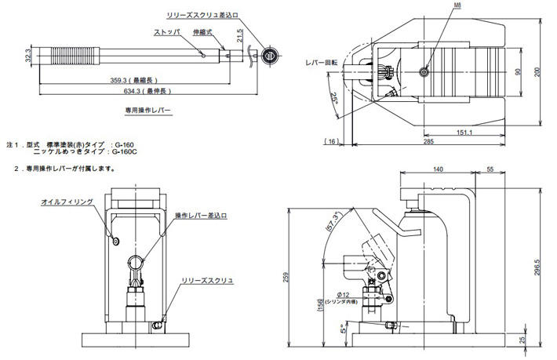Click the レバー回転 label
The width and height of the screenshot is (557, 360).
[x=322, y=61]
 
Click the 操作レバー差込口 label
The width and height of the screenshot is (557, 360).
[x=201, y=215]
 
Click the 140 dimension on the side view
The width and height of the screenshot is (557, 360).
[x=439, y=169]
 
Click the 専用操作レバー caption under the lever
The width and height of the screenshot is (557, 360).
[x=147, y=111]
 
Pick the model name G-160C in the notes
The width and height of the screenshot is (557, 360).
[x=126, y=152]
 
